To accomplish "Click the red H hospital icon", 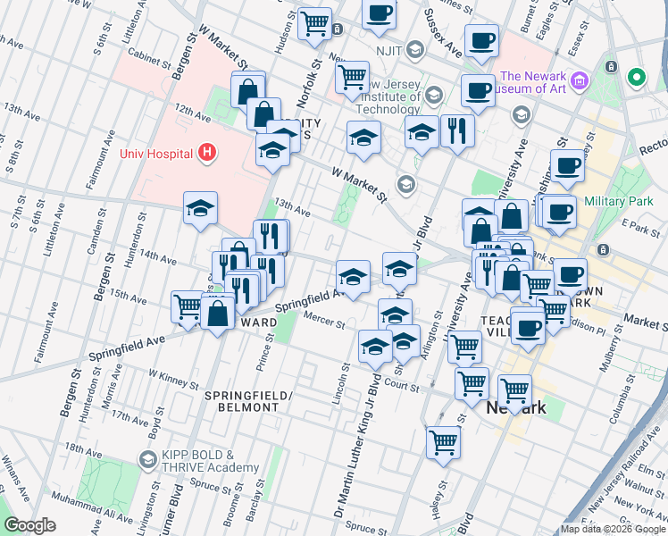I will coord(207,153).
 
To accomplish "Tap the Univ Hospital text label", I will coord(157,153).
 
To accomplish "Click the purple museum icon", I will coord(580,81).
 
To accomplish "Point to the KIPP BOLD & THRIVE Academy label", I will coord(211,460).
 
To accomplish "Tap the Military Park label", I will coord(615,202).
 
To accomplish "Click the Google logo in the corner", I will coord(29,525).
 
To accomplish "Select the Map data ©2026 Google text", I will coord(613,529).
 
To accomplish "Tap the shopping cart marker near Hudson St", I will coord(314,24).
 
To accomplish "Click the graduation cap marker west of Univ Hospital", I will coord(200,209).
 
